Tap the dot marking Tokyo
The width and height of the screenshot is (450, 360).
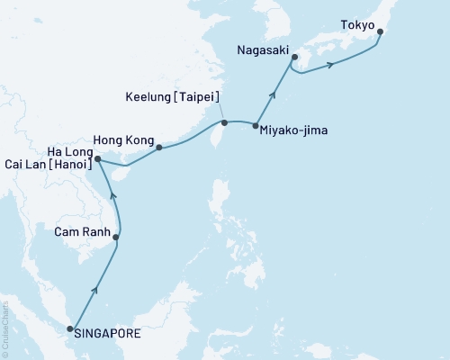pyautogui.click(x=381, y=32)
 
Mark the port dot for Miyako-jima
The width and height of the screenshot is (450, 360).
pyautogui.click(x=256, y=126)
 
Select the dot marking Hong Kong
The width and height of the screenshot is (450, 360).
pyautogui.click(x=159, y=147)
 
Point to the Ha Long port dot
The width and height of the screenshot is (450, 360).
pyautogui.click(x=97, y=159)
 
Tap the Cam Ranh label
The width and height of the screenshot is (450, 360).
pyautogui.click(x=82, y=232)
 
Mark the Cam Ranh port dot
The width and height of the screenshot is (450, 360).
pyautogui.click(x=116, y=238)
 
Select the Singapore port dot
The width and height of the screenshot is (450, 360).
pyautogui.click(x=71, y=333)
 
